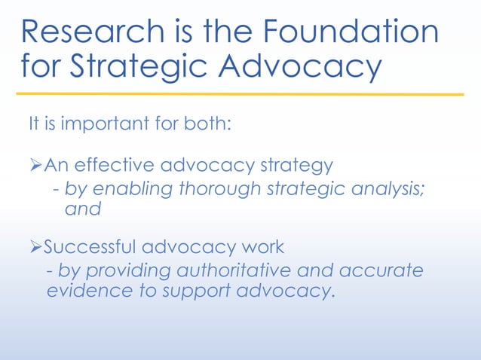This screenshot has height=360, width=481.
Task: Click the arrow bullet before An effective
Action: click(36, 163)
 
